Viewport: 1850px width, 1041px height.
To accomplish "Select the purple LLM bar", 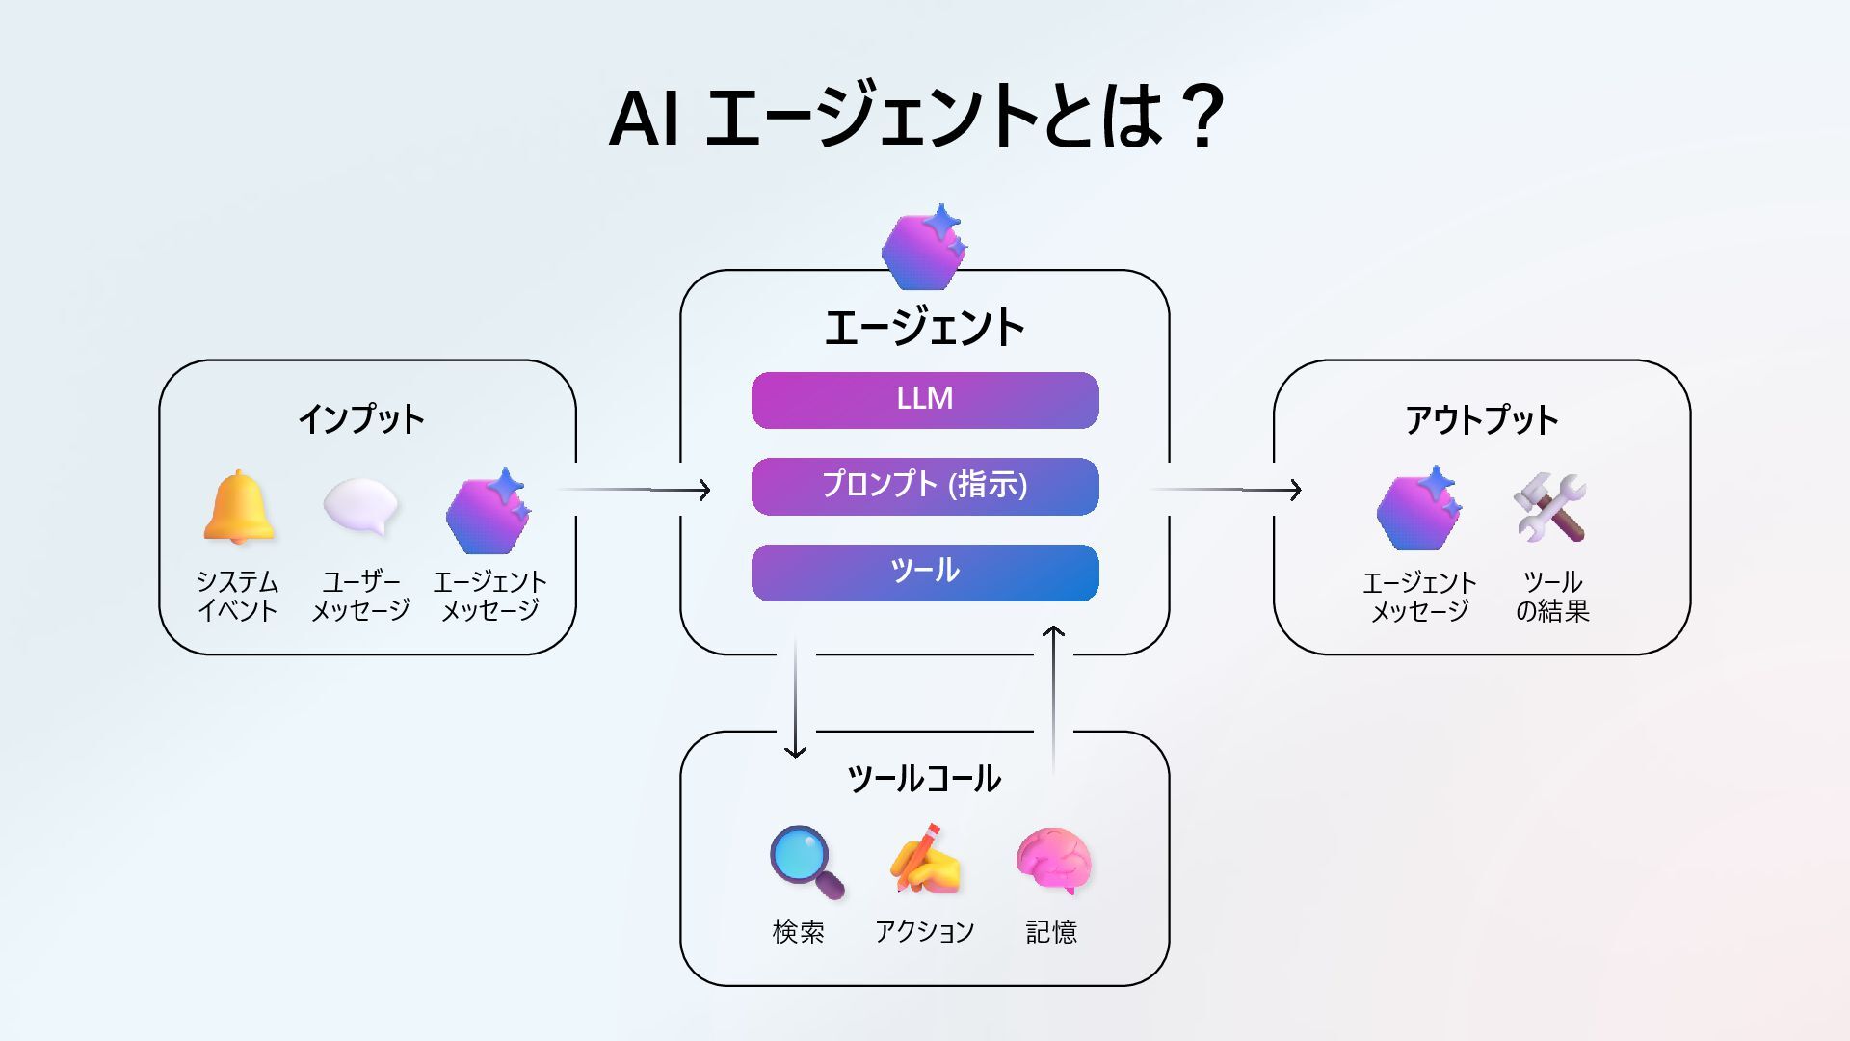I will point(925,400).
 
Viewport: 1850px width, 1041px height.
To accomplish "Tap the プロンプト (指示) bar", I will point(925,486).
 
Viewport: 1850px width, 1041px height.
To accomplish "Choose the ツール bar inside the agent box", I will point(925,573).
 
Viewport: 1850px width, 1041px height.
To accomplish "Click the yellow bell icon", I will point(238,507).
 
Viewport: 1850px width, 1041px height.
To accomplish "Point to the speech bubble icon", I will point(361,506).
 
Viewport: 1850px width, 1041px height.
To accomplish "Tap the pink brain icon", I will point(1053,859).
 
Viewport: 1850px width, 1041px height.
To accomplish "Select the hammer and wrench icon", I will point(1550,507).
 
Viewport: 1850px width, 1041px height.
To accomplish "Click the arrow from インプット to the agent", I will point(636,490).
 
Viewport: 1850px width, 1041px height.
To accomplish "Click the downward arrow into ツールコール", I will point(795,699).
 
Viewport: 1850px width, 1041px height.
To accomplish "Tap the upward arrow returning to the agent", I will point(1053,699).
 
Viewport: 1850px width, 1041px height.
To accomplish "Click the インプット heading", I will point(361,419).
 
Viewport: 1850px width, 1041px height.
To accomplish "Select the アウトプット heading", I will point(1481,419).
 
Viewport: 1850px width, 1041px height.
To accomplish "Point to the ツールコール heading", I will point(924,778).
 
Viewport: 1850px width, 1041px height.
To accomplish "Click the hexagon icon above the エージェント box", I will point(923,249).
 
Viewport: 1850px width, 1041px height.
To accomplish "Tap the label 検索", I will point(799,932).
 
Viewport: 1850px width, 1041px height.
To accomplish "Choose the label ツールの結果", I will point(1552,596).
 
